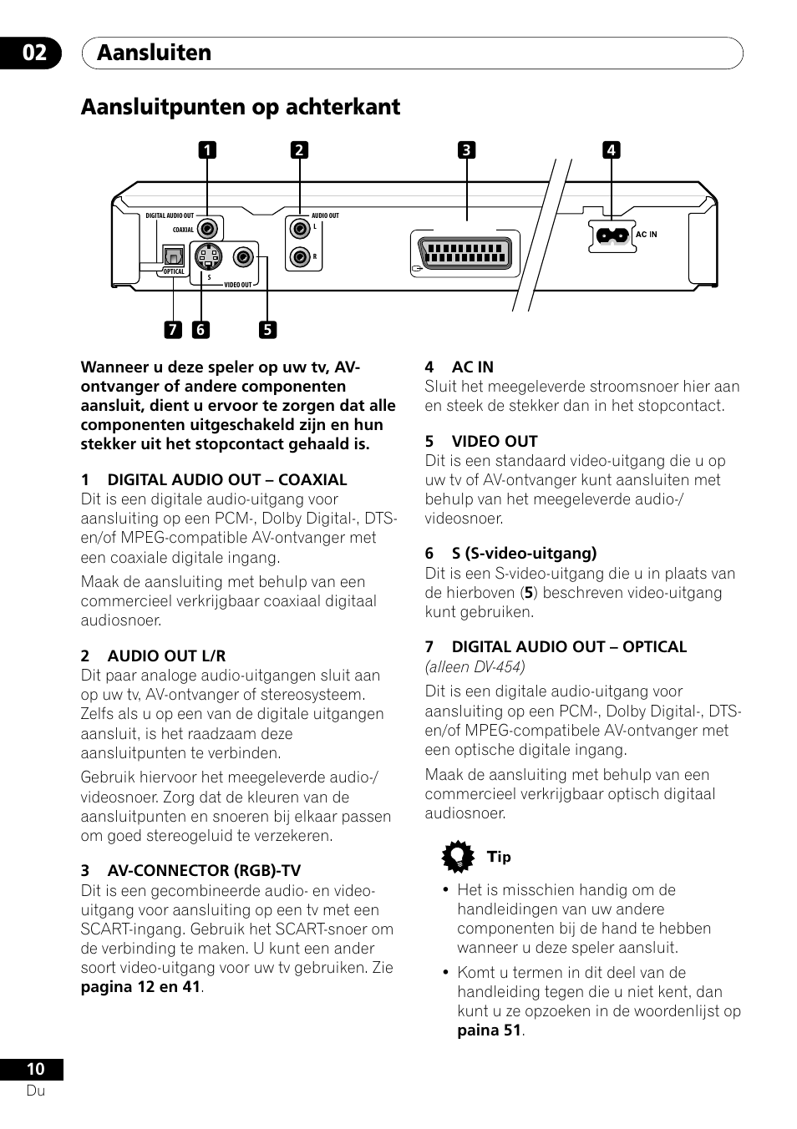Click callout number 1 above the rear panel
[206, 150]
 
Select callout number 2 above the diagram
[299, 150]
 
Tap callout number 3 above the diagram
[466, 150]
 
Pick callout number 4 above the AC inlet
[611, 150]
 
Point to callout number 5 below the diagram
[267, 330]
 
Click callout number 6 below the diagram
[200, 330]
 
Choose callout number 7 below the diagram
[172, 330]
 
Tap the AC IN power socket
[610, 235]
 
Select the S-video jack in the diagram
[207, 256]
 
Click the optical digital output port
[173, 255]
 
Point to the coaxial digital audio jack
[207, 228]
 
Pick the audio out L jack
[300, 228]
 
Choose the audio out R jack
[300, 256]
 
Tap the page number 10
[35, 1069]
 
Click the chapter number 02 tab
[34, 53]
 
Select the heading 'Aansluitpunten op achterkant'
[241, 107]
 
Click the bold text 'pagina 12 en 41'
[140, 987]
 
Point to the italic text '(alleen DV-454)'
[475, 666]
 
